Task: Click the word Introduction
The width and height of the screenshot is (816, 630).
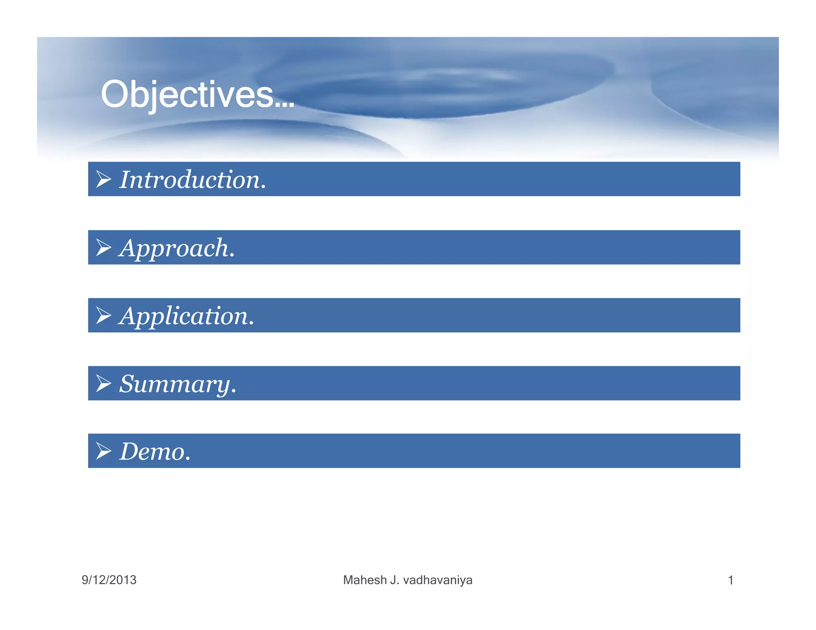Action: coord(190,180)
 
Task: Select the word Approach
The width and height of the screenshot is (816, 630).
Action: coord(174,248)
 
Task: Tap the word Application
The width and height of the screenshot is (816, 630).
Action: coord(183,316)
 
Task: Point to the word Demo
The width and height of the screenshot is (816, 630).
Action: coord(152,452)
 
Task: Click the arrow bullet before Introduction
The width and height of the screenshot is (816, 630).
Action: coord(104,179)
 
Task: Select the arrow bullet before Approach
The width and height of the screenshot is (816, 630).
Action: coord(104,248)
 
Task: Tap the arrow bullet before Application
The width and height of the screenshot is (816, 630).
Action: coord(104,316)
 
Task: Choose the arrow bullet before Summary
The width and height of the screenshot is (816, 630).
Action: coord(104,383)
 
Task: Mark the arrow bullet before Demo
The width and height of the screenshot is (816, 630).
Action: coord(104,451)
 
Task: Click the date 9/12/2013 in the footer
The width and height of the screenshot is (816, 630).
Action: coord(109,580)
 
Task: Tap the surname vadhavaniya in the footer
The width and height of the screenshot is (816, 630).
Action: coord(437,580)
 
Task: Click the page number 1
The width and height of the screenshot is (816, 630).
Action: coord(730,580)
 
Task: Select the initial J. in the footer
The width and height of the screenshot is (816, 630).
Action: coord(394,580)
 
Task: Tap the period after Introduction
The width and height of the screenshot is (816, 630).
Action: coord(263,188)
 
